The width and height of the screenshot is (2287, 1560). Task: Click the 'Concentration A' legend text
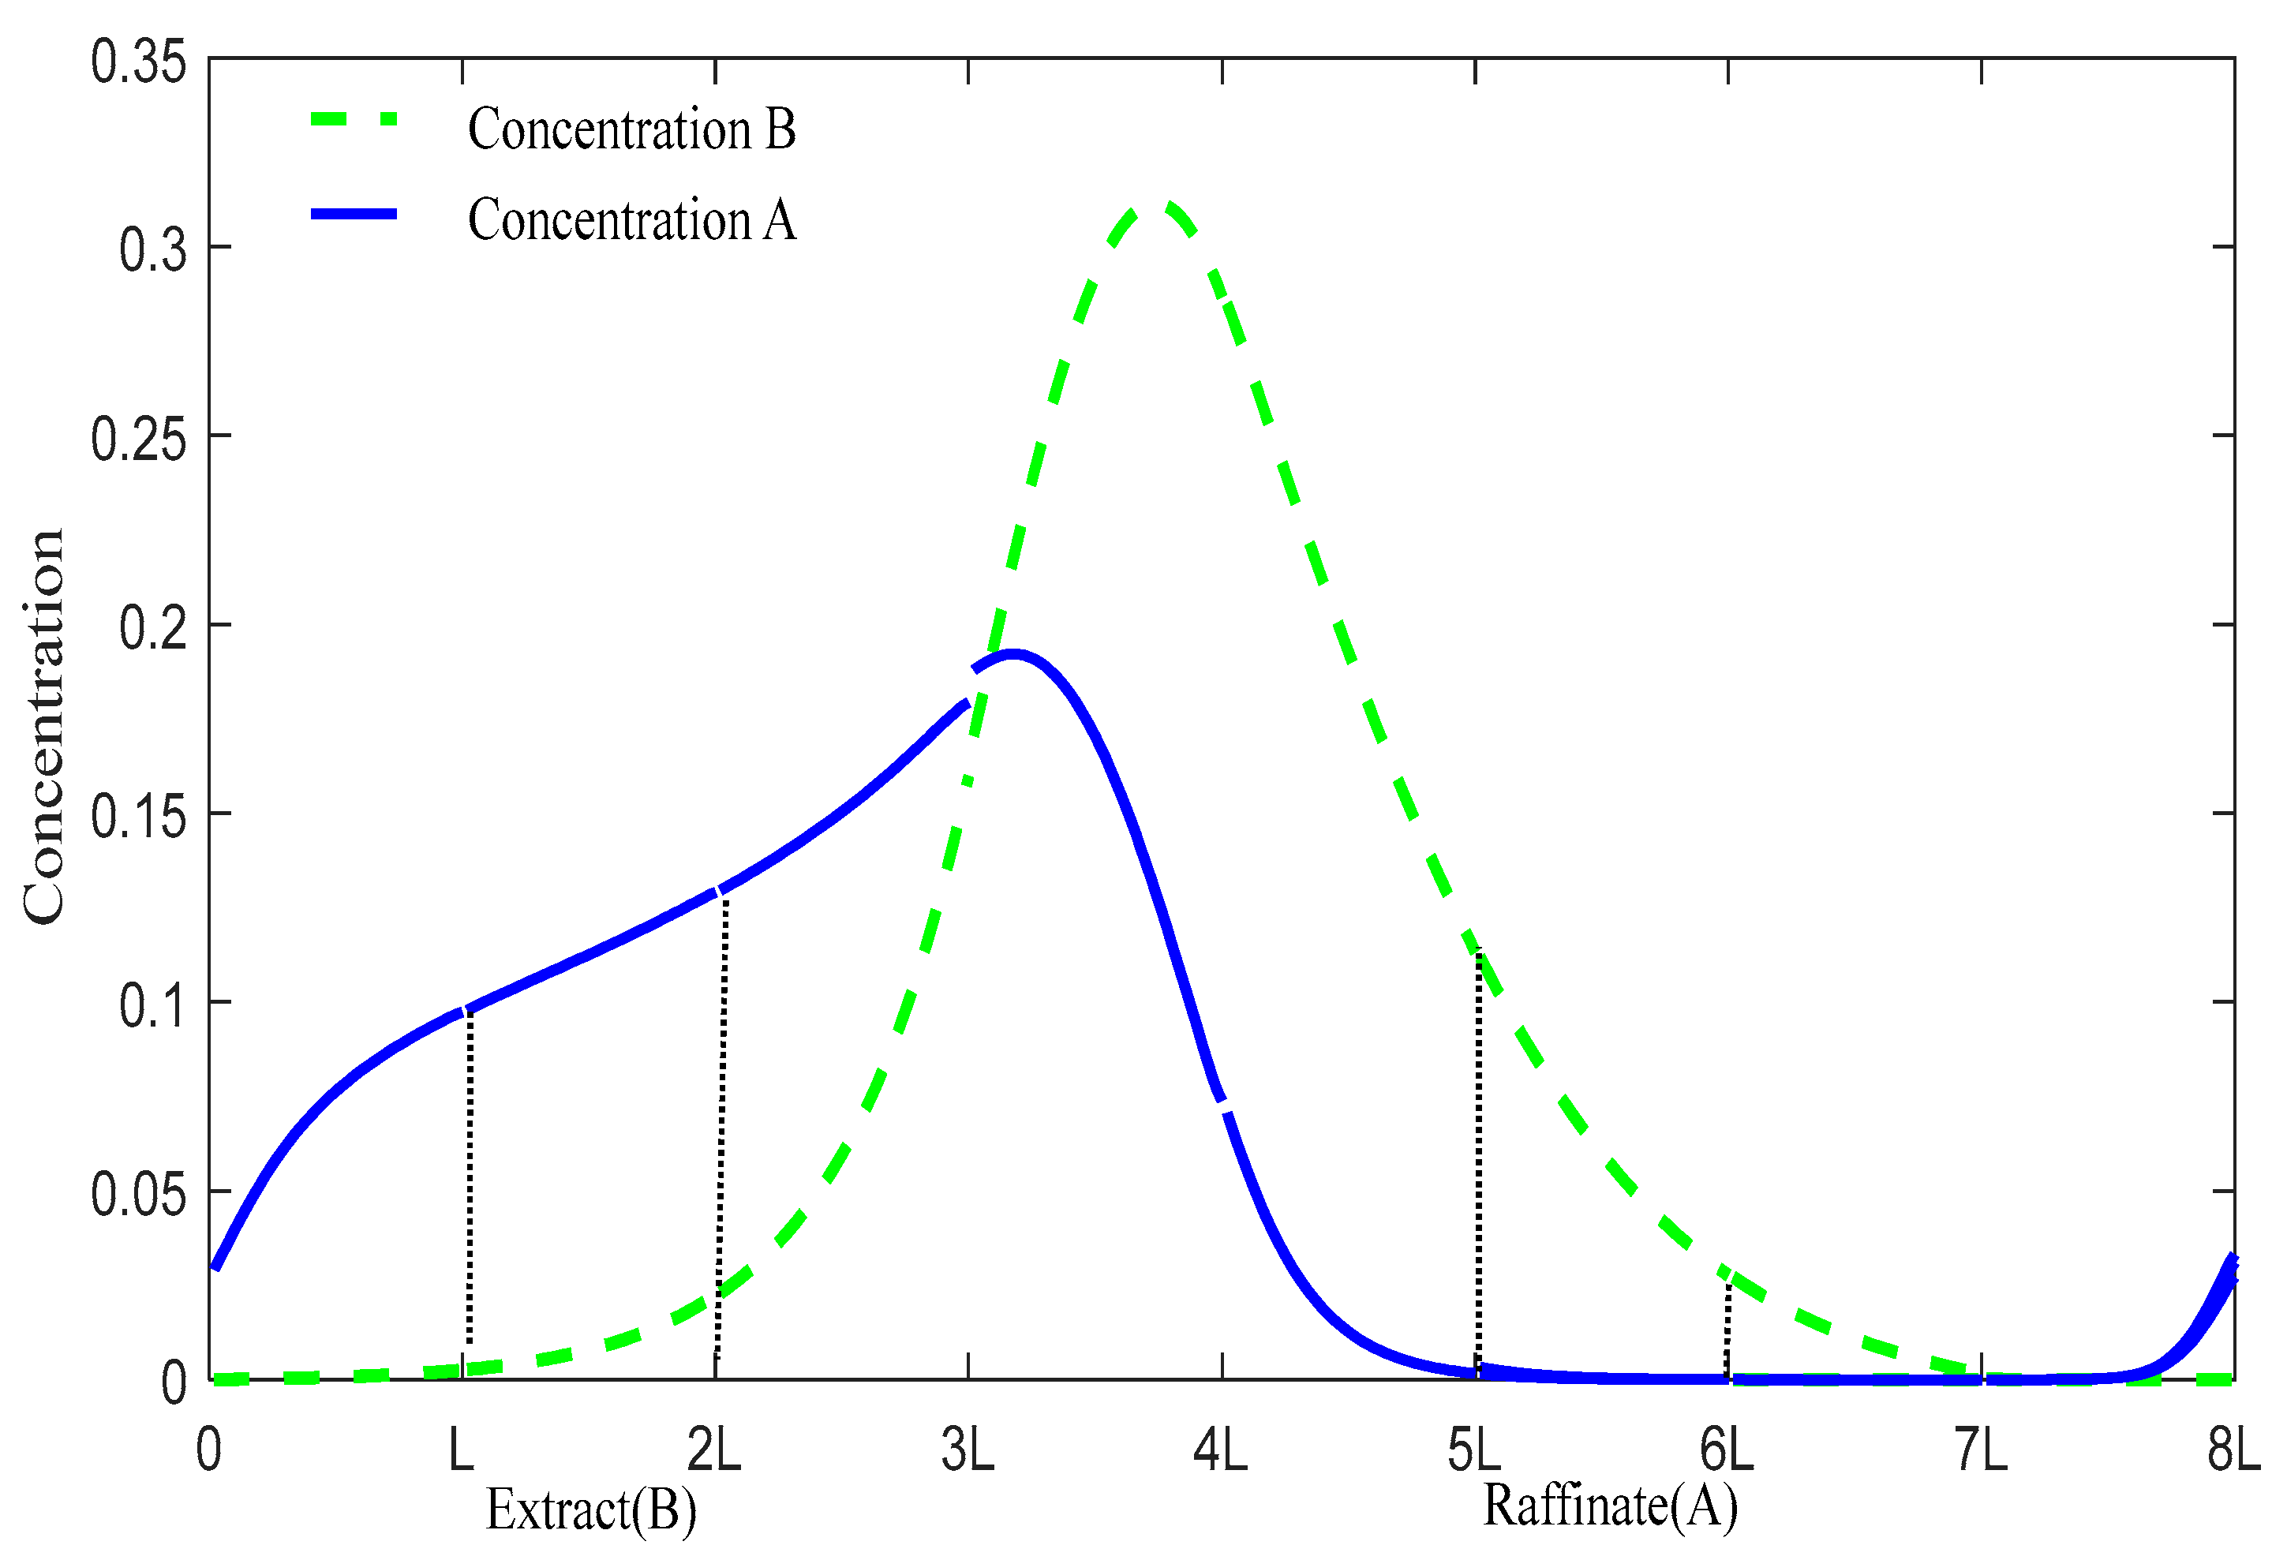631,219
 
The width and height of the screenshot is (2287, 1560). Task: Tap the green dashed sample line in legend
354,119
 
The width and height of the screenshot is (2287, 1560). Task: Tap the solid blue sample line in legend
354,214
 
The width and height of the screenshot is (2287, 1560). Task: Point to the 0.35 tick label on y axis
138,62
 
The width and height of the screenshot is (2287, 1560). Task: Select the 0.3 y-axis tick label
152,250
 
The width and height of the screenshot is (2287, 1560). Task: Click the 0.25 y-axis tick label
138,439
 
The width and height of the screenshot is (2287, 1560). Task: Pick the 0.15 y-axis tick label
138,817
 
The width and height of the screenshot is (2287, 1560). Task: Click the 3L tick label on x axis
968,1450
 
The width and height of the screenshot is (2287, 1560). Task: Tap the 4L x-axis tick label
1220,1450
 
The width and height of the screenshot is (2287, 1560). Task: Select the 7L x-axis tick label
1980,1450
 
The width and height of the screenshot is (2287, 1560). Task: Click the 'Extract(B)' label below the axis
590,1509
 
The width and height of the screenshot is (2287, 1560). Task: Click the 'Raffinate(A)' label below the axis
1610,1506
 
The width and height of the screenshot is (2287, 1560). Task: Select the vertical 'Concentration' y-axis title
44,727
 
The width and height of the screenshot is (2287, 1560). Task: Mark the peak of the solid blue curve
1012,653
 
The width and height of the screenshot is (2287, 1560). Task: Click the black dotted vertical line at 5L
1478,1162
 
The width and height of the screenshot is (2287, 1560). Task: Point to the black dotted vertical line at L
470,1181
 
